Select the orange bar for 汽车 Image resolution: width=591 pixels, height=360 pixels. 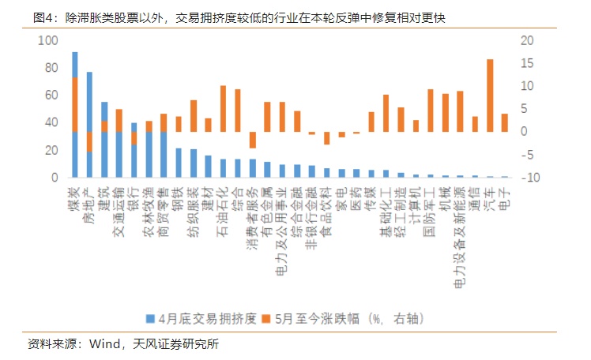click(x=490, y=95)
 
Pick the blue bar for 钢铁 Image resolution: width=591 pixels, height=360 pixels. click(x=179, y=163)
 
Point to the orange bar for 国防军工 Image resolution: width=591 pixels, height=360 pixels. click(x=431, y=110)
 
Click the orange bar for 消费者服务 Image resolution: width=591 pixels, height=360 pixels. click(x=253, y=140)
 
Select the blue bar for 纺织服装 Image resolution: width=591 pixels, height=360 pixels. click(x=194, y=163)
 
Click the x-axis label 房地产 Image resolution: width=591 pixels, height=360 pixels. click(x=89, y=201)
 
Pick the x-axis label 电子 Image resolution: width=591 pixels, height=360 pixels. click(x=504, y=193)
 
